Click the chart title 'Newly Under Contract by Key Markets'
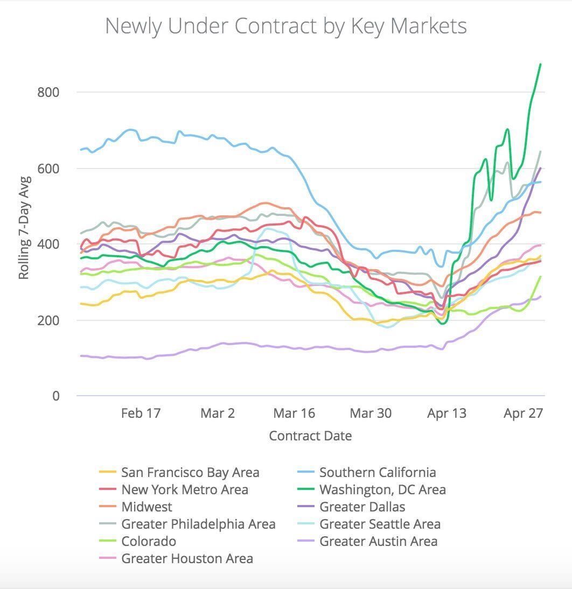[285, 26]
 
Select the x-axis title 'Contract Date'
[310, 436]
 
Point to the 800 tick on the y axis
[48, 92]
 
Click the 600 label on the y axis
[48, 169]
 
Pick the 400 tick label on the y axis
[48, 244]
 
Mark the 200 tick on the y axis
[48, 320]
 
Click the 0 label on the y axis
[55, 396]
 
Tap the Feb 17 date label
[141, 413]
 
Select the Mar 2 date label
[218, 413]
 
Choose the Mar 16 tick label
[294, 413]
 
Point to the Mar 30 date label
[371, 413]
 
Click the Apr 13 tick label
[447, 413]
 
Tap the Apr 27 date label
[524, 413]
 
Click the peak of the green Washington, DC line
[540, 64]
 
